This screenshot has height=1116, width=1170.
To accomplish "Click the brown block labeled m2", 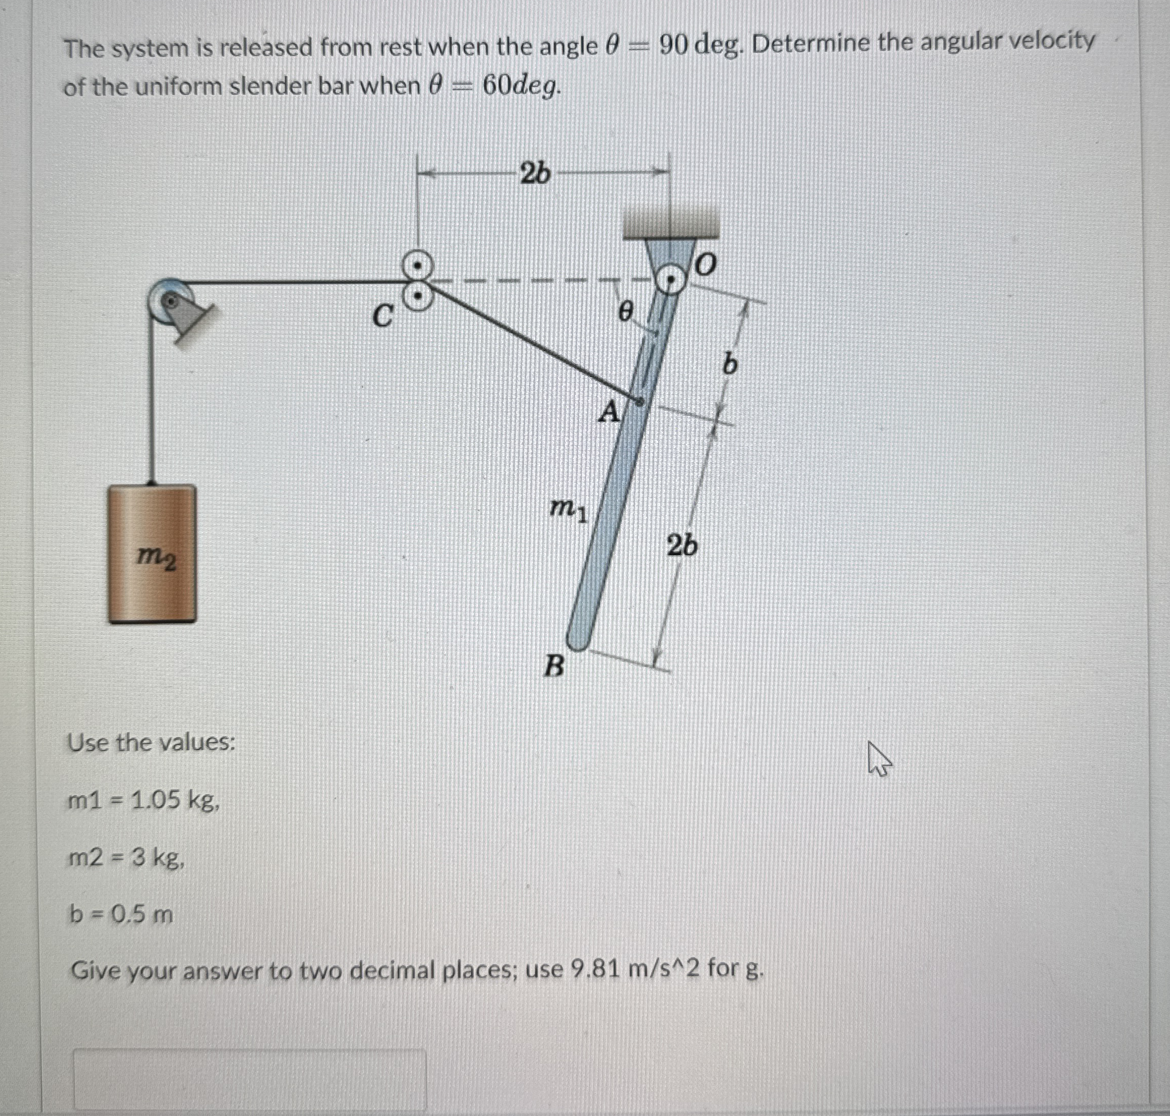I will pyautogui.click(x=152, y=554).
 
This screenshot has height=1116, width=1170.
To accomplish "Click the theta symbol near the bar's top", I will pyautogui.click(x=624, y=310).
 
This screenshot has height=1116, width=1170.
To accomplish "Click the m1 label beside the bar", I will pyautogui.click(x=568, y=508).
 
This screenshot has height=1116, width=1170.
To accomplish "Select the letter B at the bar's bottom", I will pyautogui.click(x=554, y=666).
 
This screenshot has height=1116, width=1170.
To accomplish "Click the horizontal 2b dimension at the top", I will pyautogui.click(x=535, y=174).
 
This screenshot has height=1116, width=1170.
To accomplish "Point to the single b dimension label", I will pyautogui.click(x=729, y=363).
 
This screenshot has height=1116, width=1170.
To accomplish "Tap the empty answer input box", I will pyautogui.click(x=250, y=1080).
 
